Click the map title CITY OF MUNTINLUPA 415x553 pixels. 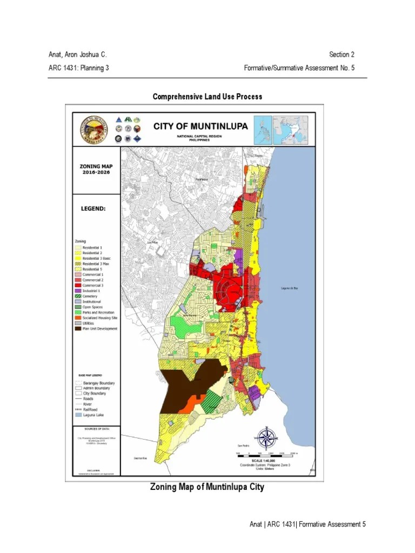(200, 126)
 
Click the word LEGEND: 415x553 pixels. (93, 208)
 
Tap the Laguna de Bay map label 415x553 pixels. (289, 288)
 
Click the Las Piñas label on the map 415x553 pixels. (153, 243)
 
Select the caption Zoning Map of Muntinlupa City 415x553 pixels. (207, 487)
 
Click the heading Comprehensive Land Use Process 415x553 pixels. (207, 97)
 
